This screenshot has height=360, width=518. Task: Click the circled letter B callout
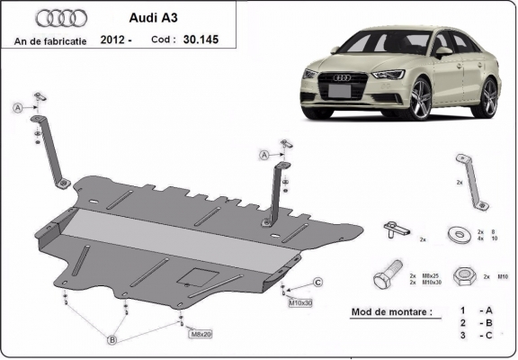[112, 339]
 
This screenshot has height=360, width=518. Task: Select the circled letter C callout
[318, 283]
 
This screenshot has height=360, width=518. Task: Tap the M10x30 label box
[299, 302]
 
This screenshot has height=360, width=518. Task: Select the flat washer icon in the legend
[461, 234]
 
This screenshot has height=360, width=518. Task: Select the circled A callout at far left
[16, 108]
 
